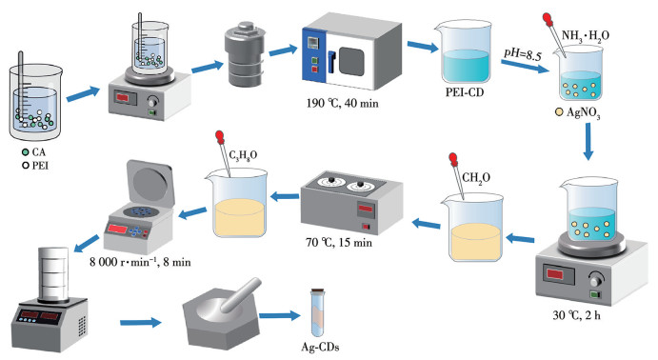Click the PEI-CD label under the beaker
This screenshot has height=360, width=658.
click(x=465, y=91)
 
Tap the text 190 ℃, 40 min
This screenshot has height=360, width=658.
click(x=342, y=103)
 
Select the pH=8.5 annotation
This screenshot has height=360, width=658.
click(x=523, y=54)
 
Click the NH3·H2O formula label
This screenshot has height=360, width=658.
click(x=586, y=36)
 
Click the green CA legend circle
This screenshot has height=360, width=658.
click(x=26, y=151)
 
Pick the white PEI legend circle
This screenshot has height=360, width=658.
click(x=26, y=166)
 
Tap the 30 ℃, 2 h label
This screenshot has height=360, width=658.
click(x=576, y=314)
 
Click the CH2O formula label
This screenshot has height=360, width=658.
click(x=476, y=178)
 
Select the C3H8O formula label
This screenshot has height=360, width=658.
click(x=243, y=155)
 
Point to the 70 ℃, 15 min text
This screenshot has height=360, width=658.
click(x=339, y=242)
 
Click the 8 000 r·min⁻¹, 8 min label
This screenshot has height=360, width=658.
click(x=140, y=262)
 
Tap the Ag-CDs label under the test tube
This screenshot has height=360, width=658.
click(x=320, y=347)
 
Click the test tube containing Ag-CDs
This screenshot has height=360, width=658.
click(x=317, y=313)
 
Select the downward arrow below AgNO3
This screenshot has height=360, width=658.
click(x=588, y=141)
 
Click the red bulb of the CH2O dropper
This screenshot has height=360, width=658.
click(x=453, y=159)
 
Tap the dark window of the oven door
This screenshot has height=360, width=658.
click(x=351, y=62)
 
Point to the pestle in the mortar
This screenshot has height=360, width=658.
click(x=241, y=295)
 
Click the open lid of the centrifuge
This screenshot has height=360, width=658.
click(x=150, y=184)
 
